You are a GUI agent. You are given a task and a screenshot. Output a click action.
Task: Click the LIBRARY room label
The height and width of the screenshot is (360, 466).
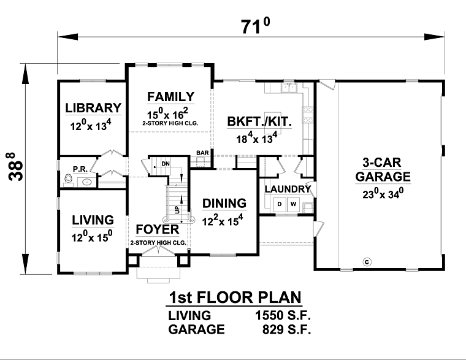click(x=93, y=108)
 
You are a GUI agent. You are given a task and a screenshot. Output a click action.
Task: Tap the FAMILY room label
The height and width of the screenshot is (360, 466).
click(x=171, y=97)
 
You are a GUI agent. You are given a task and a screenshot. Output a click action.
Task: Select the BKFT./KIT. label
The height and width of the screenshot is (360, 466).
click(x=259, y=121)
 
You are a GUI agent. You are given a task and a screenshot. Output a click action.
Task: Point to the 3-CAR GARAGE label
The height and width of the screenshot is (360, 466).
click(x=383, y=169)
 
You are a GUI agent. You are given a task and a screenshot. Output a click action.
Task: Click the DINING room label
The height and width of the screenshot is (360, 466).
click(x=224, y=204)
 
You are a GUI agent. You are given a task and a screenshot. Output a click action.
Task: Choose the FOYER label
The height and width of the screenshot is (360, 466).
click(x=158, y=229)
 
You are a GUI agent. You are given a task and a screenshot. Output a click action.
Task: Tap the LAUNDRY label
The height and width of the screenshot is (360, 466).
click(x=288, y=189)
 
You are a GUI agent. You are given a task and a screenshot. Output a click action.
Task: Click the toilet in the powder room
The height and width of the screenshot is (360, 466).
click(x=68, y=179)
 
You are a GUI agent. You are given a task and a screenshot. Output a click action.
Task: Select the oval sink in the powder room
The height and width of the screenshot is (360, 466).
click(x=87, y=182)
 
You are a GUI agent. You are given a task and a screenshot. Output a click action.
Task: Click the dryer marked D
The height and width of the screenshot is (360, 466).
click(x=280, y=204)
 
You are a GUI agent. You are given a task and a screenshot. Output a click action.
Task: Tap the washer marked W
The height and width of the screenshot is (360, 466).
click(x=293, y=204)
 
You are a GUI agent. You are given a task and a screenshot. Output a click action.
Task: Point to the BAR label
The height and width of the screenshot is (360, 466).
click(x=202, y=153)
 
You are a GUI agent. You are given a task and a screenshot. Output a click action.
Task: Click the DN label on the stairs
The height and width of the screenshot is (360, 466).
click(x=166, y=164)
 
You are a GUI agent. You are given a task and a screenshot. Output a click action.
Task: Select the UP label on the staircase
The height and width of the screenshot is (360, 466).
click(x=177, y=210)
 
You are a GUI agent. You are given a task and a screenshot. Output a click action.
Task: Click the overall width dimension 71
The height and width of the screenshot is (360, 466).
click(x=255, y=26)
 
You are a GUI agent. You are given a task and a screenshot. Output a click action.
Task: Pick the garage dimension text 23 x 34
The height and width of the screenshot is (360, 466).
click(x=383, y=194)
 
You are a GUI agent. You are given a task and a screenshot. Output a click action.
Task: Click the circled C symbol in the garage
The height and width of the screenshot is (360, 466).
click(x=367, y=262)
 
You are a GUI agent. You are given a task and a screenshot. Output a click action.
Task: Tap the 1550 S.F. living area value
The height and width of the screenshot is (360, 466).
click(x=283, y=316)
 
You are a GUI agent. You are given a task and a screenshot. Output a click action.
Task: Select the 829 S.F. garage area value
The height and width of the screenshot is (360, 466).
click(x=286, y=329)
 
